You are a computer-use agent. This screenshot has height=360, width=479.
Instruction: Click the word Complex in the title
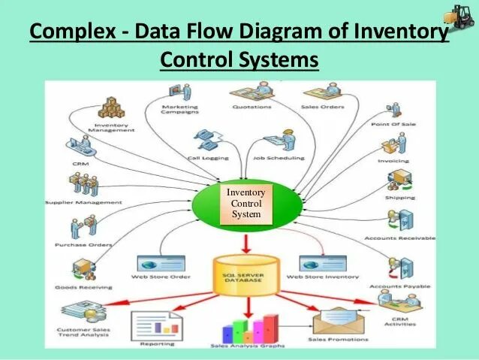(x=71, y=33)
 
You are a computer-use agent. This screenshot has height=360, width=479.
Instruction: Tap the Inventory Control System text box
(x=246, y=204)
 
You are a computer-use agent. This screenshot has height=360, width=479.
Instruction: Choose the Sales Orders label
(x=324, y=107)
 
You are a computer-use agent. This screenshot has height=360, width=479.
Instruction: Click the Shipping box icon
(x=399, y=181)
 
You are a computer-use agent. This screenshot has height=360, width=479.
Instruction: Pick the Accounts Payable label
(x=399, y=286)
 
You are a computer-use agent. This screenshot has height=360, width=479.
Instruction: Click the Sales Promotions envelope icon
(x=336, y=322)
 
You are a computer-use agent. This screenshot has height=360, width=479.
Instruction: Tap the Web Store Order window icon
(x=161, y=264)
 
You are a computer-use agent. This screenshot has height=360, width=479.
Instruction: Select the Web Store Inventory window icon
(x=323, y=264)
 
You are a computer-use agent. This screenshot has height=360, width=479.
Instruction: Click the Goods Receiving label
(x=83, y=287)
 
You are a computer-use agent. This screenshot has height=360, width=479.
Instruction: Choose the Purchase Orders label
(x=83, y=245)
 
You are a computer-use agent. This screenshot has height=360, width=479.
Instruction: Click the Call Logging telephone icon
(x=205, y=140)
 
